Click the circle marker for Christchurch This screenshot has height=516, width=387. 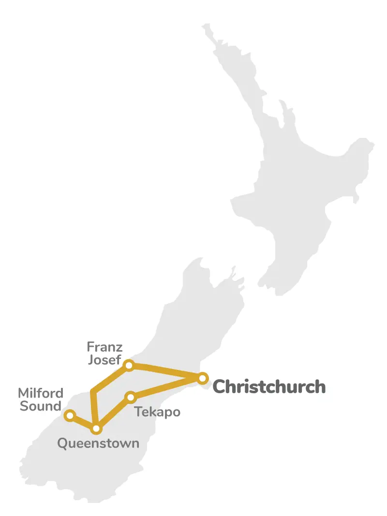203,378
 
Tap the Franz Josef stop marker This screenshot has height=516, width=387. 129,365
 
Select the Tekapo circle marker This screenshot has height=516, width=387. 130,398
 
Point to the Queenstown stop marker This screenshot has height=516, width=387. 96,428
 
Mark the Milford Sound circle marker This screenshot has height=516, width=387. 70,415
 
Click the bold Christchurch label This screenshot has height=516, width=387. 269,387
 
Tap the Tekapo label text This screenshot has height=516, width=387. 157,413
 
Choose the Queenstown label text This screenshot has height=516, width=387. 98,443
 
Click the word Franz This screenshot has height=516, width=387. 104,347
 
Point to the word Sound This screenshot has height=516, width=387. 41,406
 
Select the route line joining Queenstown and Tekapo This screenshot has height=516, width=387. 113,413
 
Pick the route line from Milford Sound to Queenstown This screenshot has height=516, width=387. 83,422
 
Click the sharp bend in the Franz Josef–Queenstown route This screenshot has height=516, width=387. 92,391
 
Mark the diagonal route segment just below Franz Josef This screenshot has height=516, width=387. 111,378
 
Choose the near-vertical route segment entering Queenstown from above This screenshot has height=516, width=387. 94,410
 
